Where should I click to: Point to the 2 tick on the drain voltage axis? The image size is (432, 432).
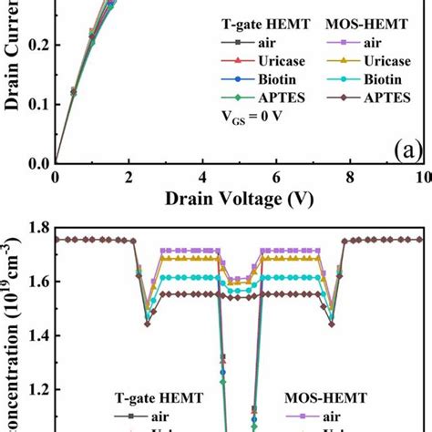click(x=129, y=176)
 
